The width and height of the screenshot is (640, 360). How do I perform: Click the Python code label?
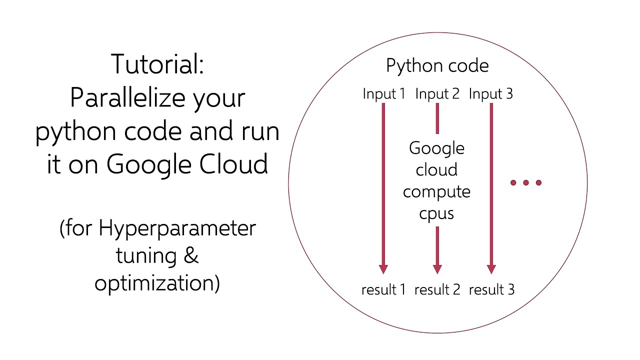pyautogui.click(x=437, y=66)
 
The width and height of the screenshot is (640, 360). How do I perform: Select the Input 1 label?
pyautogui.click(x=383, y=94)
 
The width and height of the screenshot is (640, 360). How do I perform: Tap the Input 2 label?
pyautogui.click(x=437, y=94)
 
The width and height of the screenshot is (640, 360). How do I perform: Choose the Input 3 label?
pyautogui.click(x=490, y=94)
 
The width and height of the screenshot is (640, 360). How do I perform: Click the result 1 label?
pyautogui.click(x=383, y=289)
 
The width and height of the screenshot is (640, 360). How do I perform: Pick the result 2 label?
pyautogui.click(x=437, y=289)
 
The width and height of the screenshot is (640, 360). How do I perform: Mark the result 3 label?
pyautogui.click(x=491, y=289)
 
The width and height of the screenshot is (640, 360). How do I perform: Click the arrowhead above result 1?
pyautogui.click(x=383, y=268)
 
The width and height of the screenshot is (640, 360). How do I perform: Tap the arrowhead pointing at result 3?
pyautogui.click(x=491, y=268)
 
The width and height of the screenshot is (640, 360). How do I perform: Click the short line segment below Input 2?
pyautogui.click(x=437, y=119)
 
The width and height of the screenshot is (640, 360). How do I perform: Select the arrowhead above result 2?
pyautogui.click(x=437, y=268)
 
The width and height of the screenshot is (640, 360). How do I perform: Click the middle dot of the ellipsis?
pyautogui.click(x=526, y=183)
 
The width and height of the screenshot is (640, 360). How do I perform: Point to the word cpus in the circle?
pyautogui.click(x=436, y=214)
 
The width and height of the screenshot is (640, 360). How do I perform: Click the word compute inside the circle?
pyautogui.click(x=436, y=192)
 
